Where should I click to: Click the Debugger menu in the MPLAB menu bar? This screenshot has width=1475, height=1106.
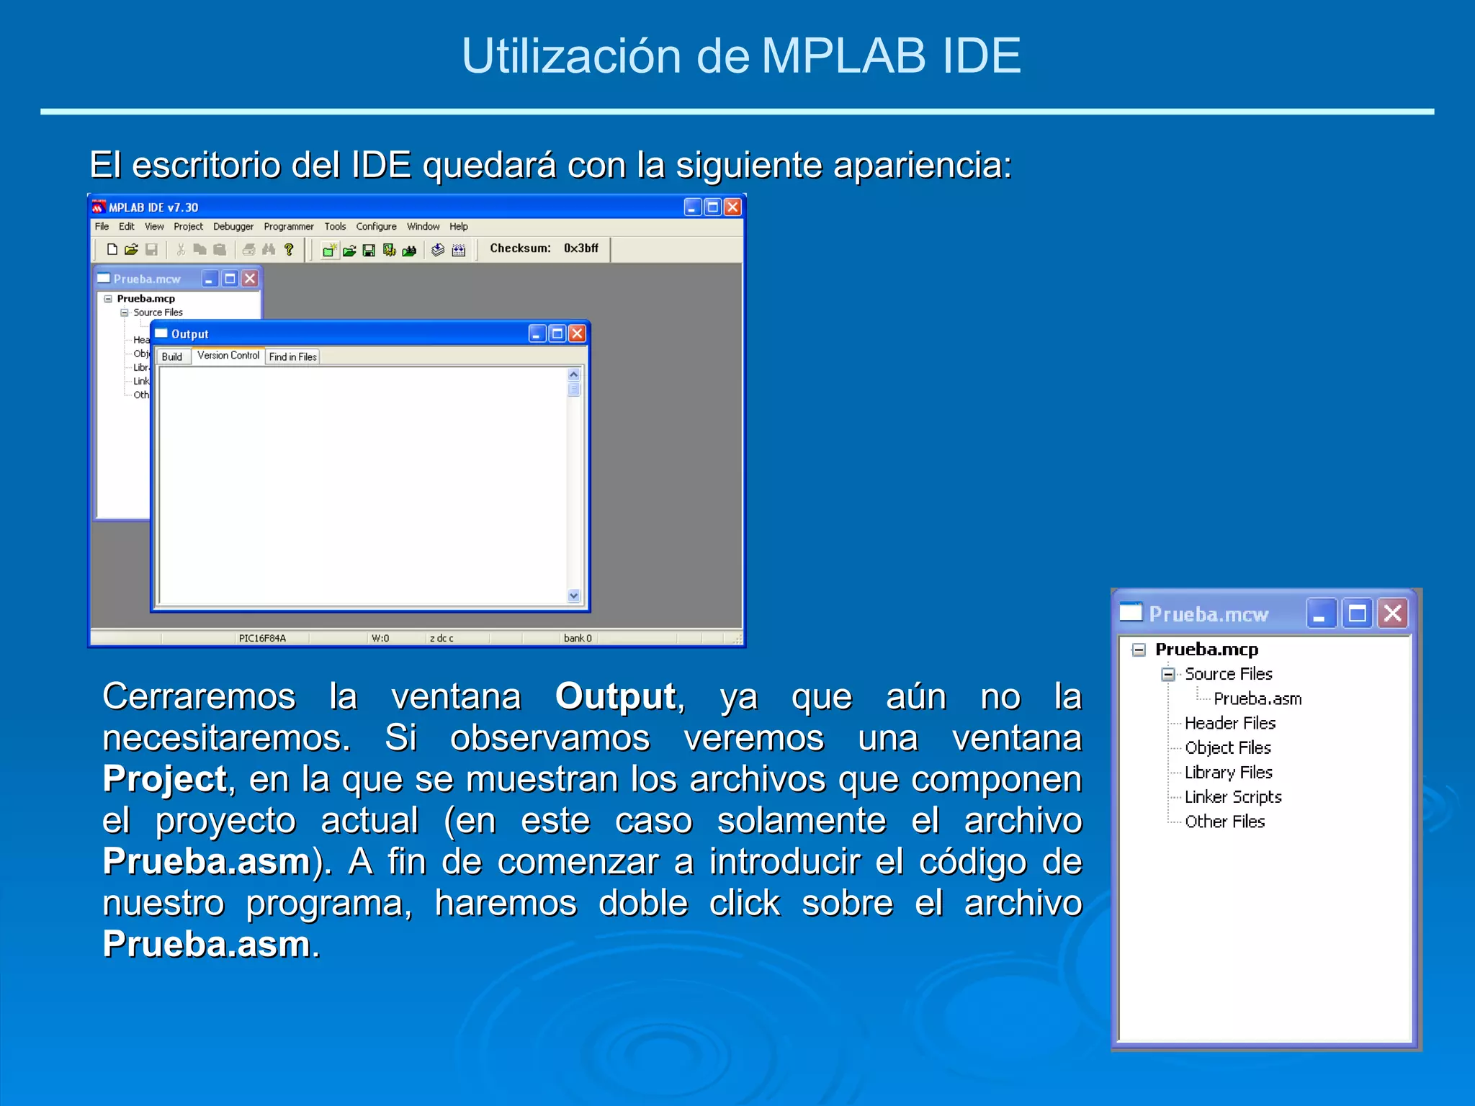coord(233,226)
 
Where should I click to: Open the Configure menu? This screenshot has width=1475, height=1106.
coord(376,226)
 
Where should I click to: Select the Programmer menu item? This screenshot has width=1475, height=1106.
coord(288,226)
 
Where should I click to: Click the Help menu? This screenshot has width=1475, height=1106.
coord(459,226)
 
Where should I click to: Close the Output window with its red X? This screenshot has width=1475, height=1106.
coord(577,333)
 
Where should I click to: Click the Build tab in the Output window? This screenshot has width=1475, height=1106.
coord(172,356)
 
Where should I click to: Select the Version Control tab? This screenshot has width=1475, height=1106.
coord(228,356)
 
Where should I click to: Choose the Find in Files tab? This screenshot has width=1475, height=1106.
coord(292,356)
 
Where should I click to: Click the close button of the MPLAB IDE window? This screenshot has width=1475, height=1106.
coord(732,207)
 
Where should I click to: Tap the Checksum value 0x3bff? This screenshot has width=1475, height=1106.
coord(580,248)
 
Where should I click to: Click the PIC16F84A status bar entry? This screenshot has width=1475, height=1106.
coord(262,638)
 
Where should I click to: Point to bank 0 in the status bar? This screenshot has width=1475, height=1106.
coord(578,638)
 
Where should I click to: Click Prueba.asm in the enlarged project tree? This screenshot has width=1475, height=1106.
coord(1257,698)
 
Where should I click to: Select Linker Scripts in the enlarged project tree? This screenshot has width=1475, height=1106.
coord(1233,797)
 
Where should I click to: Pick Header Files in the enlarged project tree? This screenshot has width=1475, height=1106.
coord(1230,723)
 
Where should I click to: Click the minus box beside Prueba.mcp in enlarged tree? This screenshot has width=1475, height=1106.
coord(1139,649)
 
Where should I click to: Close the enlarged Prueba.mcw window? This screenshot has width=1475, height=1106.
coord(1393,613)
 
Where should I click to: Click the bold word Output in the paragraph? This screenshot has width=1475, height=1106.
coord(616,696)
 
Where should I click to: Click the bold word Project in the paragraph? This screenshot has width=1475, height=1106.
coord(165,779)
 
